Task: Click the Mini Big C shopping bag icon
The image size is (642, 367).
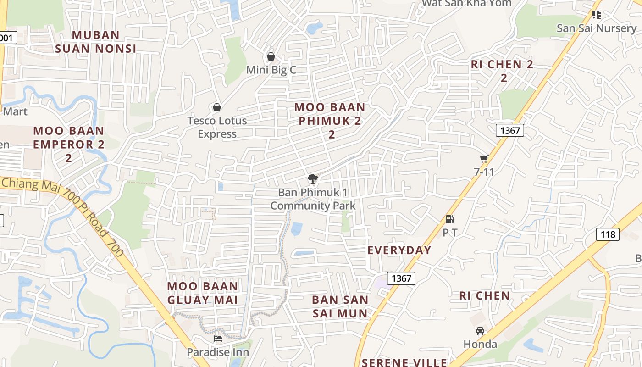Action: [271, 56]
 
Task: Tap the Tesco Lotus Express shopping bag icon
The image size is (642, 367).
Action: [217, 107]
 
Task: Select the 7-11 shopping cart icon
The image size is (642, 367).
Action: [484, 159]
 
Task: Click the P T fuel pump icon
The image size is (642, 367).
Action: [450, 219]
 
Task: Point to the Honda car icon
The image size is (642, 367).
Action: [480, 330]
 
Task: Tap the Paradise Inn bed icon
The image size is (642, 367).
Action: [218, 339]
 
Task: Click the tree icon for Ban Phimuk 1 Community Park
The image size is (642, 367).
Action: [313, 179]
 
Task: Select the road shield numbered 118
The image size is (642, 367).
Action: [608, 234]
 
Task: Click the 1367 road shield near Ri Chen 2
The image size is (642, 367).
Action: [510, 130]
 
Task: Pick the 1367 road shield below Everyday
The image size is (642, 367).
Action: [401, 278]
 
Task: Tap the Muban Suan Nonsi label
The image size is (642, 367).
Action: [96, 42]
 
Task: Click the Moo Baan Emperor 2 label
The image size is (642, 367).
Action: [69, 144]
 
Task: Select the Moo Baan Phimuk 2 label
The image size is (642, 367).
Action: [330, 121]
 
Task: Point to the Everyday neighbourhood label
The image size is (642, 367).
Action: [399, 250]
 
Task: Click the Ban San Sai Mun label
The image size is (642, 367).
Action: [340, 306]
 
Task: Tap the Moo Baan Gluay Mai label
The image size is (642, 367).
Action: [203, 293]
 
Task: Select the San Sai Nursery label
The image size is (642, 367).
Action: [596, 28]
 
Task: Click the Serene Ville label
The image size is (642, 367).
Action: [404, 362]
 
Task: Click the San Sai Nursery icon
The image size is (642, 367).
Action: [596, 15]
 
